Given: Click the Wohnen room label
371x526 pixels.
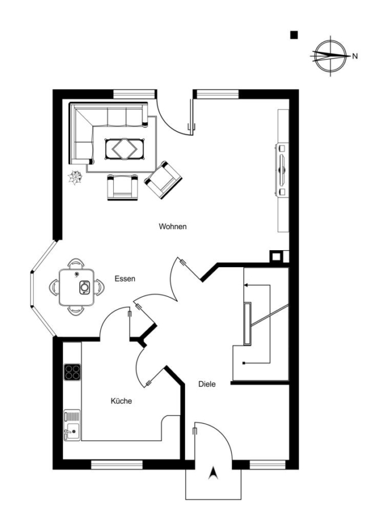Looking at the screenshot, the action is pos(173,226).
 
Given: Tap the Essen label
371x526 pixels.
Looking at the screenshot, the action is pos(125,278).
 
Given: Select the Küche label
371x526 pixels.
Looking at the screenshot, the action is pos(121,401).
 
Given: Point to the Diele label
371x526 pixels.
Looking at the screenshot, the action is pos(207,384).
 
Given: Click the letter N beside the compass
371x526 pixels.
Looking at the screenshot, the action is pos(355,56).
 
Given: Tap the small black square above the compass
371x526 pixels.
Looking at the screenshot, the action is pos(294,35).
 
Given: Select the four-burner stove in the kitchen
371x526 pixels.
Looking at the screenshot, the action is pos(72,372).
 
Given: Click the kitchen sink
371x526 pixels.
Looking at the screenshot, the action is pos(72,425).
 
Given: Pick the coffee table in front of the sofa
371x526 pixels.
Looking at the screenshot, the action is pos(125,148).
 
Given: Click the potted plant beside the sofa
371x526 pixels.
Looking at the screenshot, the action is pos(75,177).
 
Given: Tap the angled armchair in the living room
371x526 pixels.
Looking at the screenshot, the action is pos(163,180).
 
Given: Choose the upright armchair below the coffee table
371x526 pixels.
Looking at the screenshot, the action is pos(123,187).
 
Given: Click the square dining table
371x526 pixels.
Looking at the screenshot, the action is pos(76,287).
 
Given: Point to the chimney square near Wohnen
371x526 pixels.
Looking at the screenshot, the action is pos(276,257).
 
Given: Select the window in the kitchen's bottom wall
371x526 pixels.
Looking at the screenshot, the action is pos(117,465).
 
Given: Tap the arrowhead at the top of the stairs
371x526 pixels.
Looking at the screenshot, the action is pos(246,285).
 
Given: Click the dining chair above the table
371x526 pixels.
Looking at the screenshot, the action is pos(76,264).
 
